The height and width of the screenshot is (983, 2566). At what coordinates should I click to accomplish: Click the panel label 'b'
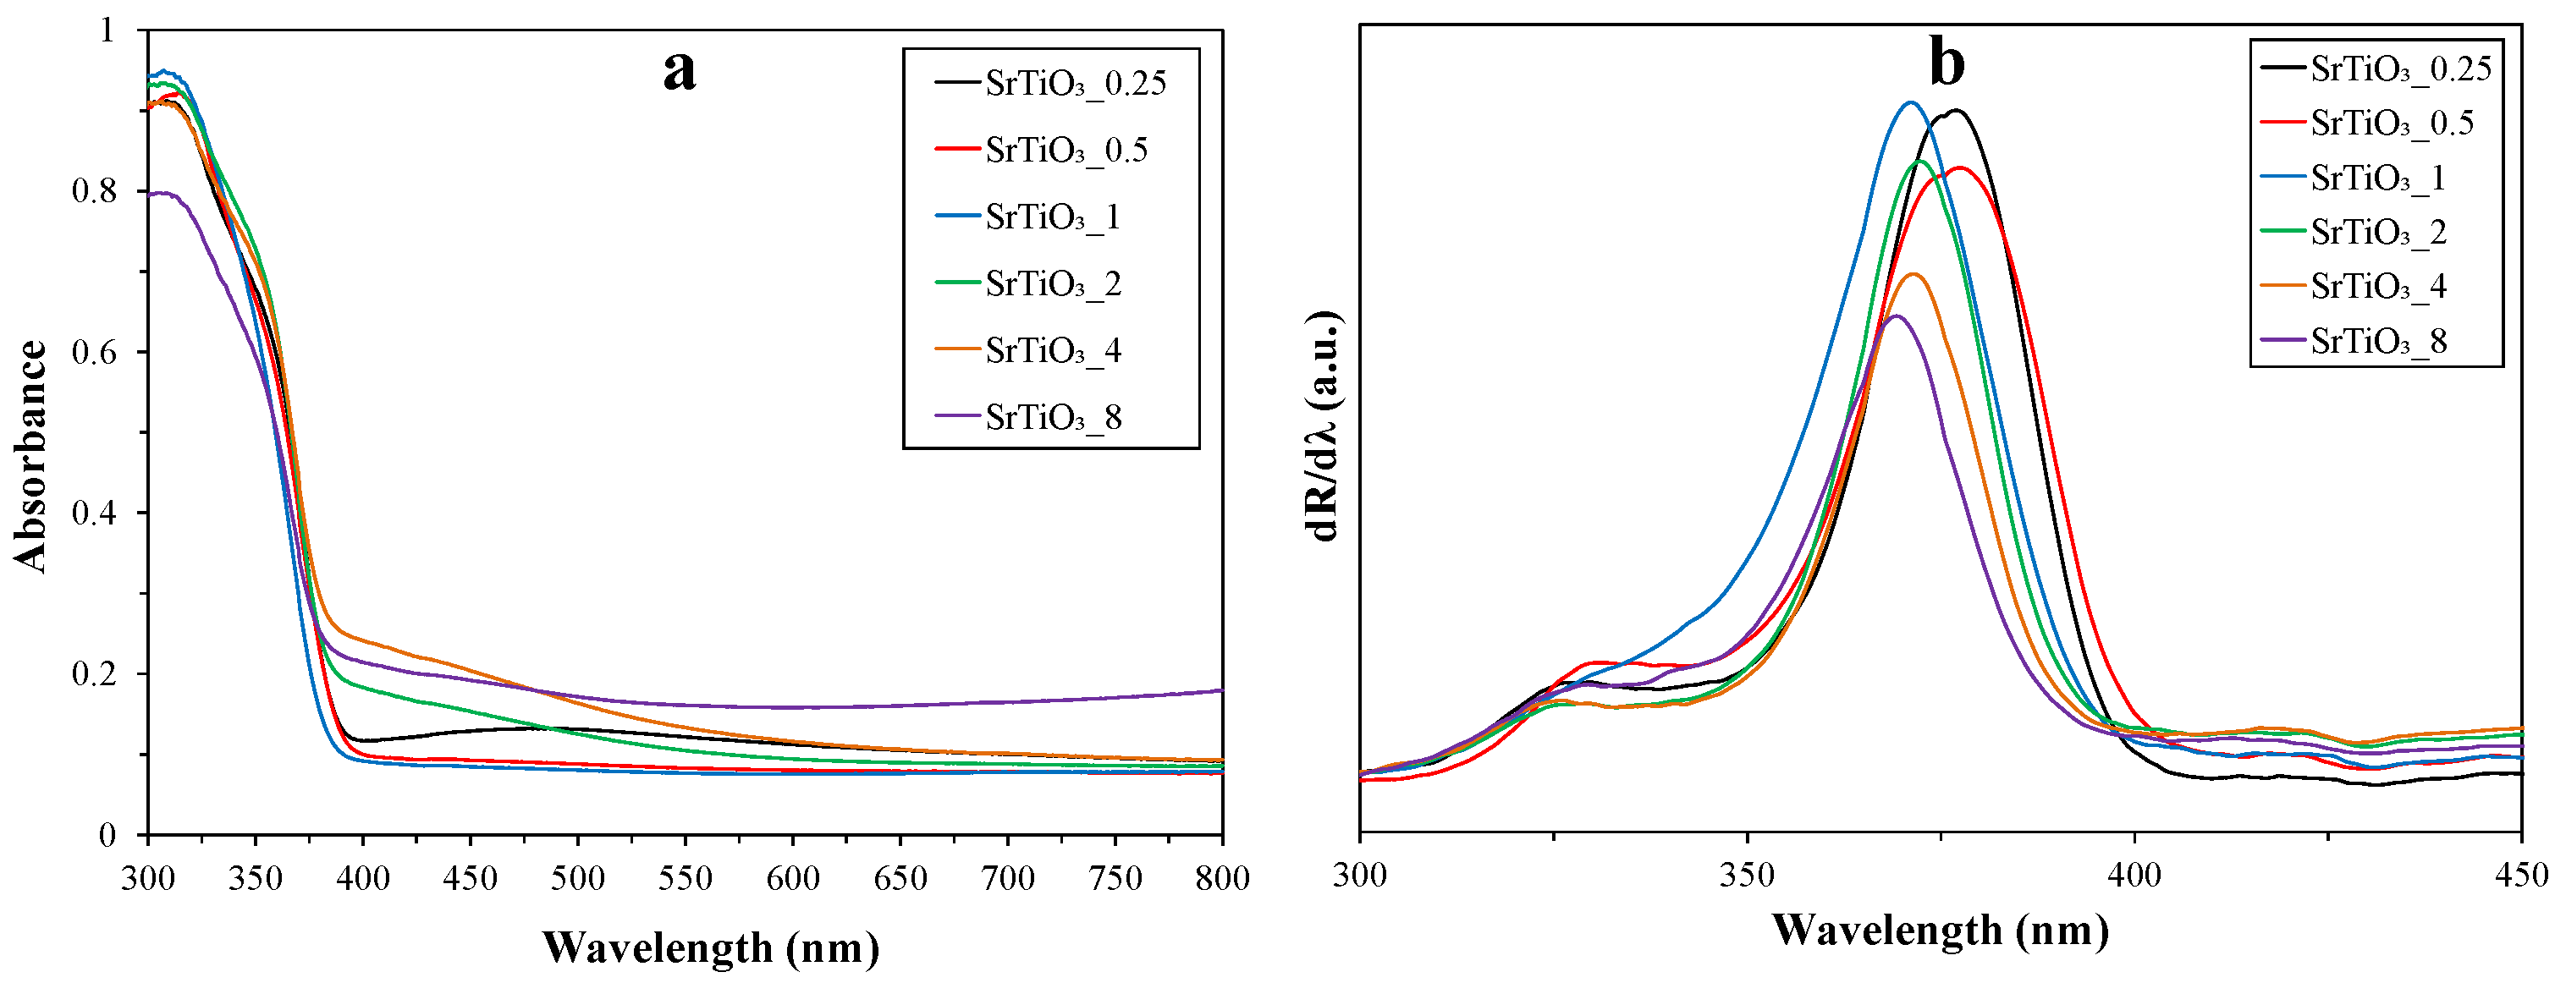(1947, 63)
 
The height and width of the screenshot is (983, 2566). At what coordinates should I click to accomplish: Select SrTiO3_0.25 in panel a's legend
(1075, 84)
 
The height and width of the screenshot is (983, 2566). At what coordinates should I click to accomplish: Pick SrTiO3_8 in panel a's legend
(1053, 418)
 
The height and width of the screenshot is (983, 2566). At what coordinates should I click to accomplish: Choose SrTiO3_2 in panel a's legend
(1053, 285)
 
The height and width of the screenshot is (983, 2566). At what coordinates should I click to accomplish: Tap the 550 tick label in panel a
(686, 878)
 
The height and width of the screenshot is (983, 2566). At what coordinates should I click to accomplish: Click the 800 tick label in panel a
(1221, 878)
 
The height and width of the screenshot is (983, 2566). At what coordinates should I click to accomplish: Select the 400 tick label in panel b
(2134, 876)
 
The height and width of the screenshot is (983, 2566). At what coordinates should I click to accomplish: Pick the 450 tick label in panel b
(2520, 876)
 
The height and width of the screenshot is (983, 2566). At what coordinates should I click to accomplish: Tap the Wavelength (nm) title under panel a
(710, 947)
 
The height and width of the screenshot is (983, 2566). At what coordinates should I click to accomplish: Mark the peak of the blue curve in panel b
(1909, 102)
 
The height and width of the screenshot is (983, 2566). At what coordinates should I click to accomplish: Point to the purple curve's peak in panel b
(1897, 316)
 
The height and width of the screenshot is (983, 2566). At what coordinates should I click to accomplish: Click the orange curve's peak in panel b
(1913, 274)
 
